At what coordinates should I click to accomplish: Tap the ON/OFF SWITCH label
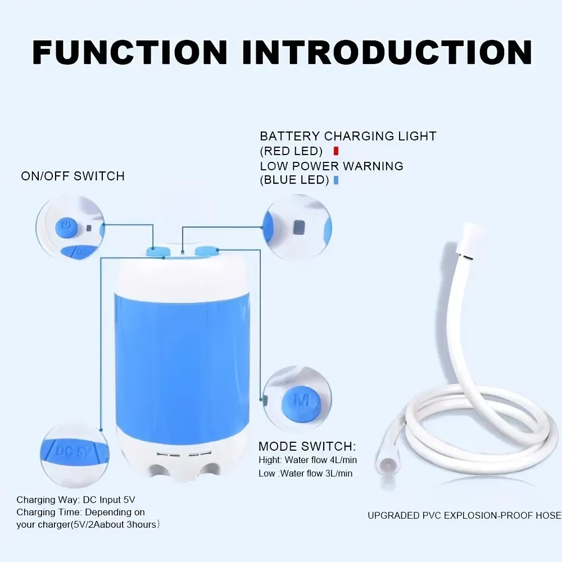click(72, 176)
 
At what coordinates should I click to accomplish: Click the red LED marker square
click(336, 151)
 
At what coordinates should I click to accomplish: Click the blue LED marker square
click(336, 180)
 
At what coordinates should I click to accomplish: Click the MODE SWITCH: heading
click(307, 447)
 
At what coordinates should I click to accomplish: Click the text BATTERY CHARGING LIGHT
click(348, 136)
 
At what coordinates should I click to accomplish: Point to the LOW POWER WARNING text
click(332, 166)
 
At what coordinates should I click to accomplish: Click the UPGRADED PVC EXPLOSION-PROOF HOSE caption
click(464, 515)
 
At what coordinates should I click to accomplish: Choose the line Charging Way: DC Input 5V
click(76, 500)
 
